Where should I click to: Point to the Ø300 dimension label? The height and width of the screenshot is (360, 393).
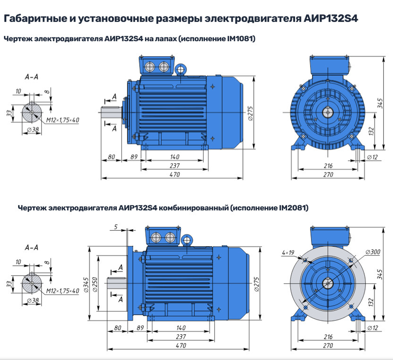tap(373, 252)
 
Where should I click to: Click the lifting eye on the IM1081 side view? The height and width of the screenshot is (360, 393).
tap(181, 69)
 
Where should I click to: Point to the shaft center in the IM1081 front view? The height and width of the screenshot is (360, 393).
tap(328, 113)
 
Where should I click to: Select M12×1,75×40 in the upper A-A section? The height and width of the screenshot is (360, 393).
tap(62, 120)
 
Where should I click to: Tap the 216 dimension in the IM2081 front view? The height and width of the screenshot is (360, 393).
tap(329, 337)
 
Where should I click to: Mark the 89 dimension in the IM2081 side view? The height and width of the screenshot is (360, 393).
tap(138, 328)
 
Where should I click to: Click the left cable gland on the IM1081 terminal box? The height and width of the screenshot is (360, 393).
tap(150, 67)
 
